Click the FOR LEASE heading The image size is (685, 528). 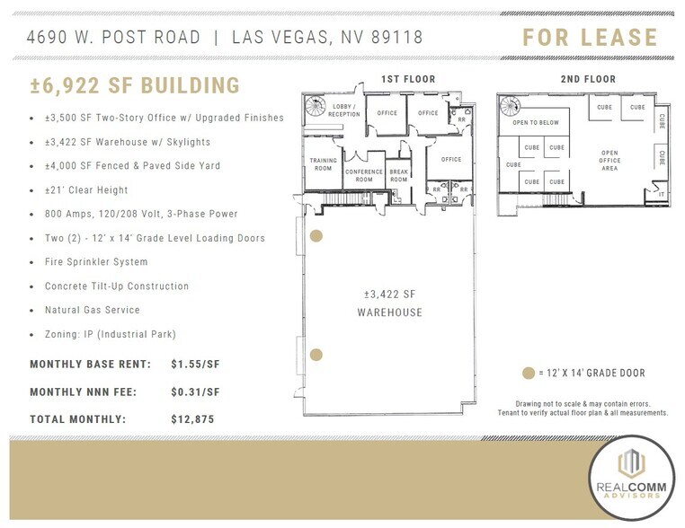pos(590,38)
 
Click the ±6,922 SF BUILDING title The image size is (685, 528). pos(135,86)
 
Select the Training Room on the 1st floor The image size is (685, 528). pos(323,164)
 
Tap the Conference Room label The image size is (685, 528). pos(363,175)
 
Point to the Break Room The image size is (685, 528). pos(398,175)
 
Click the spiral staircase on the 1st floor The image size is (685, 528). pos(316,106)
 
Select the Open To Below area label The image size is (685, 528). pos(536,123)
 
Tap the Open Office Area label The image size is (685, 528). pos(610,159)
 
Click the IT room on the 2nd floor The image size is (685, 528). pos(661,194)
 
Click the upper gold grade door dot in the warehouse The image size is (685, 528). pos(316,237)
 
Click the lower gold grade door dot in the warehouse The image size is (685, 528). pos(316,355)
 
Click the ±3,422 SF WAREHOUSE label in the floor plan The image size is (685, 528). pos(387,304)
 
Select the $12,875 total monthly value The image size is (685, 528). pos(191,418)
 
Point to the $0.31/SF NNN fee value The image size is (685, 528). pos(195,392)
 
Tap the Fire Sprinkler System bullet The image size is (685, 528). pos(96,262)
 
